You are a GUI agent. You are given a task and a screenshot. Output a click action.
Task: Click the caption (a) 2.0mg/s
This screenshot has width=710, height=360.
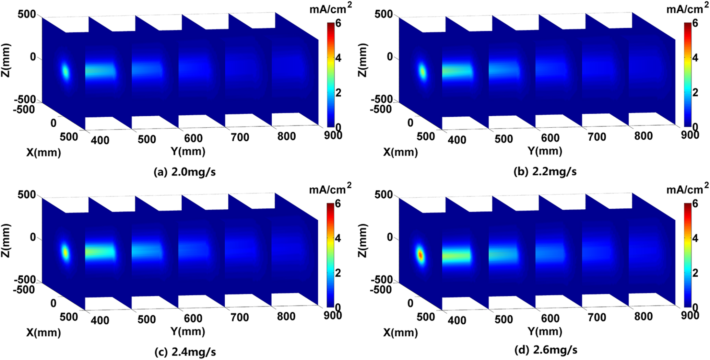(185, 172)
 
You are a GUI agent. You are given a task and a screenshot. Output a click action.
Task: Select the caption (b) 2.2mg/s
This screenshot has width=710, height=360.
(545, 171)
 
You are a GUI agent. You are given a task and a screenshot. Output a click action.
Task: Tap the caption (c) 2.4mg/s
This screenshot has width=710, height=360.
(185, 352)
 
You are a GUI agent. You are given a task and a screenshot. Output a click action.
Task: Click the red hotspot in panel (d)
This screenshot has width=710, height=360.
(420, 255)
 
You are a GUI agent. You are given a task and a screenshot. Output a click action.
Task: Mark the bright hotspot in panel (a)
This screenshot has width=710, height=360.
(65, 72)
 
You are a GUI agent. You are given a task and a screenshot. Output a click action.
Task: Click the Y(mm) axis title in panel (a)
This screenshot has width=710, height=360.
(188, 151)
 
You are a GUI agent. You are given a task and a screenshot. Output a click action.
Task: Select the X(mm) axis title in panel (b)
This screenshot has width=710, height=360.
(400, 152)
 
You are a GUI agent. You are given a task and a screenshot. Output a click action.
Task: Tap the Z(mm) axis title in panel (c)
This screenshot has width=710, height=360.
(6, 240)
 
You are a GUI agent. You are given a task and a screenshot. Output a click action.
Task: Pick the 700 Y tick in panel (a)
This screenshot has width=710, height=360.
(240, 137)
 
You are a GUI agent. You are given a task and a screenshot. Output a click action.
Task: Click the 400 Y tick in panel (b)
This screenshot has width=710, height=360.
(457, 140)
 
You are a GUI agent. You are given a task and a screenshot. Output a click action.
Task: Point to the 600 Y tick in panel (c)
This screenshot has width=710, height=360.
(193, 318)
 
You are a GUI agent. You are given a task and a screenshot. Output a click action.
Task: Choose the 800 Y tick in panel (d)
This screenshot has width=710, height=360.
(643, 316)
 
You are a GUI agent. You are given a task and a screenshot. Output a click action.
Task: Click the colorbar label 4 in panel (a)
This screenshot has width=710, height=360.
(338, 58)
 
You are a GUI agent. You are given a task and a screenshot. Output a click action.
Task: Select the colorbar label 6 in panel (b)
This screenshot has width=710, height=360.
(695, 23)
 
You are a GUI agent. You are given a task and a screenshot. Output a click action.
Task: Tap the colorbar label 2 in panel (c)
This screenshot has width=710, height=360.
(338, 273)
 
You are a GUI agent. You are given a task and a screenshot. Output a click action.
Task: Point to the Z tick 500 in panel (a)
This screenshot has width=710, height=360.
(27, 14)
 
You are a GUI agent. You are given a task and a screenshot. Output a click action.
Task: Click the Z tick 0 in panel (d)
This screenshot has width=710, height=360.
(390, 237)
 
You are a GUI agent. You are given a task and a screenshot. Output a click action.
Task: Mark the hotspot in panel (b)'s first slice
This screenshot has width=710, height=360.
(423, 72)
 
